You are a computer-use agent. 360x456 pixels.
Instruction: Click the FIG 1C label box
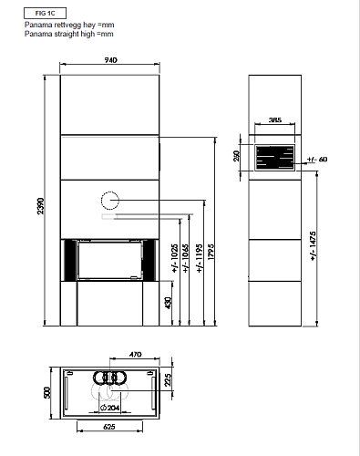tap(45, 14)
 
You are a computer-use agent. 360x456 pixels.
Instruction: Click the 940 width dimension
tap(110, 60)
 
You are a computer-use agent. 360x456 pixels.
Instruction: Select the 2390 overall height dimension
tap(41, 206)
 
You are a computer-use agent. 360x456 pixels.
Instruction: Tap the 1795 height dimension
tap(211, 251)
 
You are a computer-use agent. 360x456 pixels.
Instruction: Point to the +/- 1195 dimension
tap(200, 258)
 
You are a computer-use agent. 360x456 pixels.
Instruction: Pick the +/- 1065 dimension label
tap(186, 258)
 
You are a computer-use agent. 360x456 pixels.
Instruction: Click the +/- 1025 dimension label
tap(175, 258)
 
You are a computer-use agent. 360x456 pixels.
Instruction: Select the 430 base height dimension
tap(168, 303)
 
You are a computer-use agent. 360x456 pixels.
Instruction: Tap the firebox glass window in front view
tap(109, 260)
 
